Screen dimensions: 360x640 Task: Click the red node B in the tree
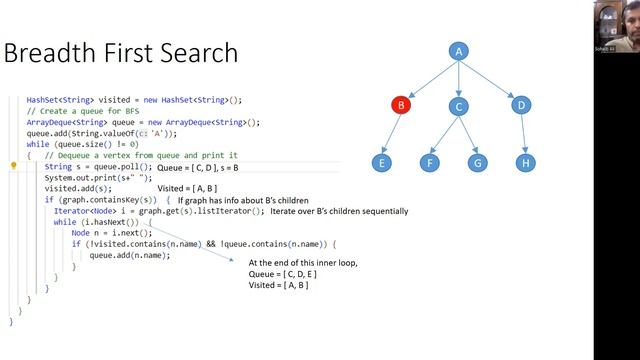pyautogui.click(x=399, y=104)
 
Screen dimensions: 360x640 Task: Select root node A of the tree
pyautogui.click(x=459, y=51)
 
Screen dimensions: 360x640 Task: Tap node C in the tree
pyautogui.click(x=459, y=106)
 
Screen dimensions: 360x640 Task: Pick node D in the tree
pyautogui.click(x=520, y=104)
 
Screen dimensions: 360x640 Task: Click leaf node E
pyautogui.click(x=380, y=161)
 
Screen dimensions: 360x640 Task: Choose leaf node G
pyautogui.click(x=478, y=161)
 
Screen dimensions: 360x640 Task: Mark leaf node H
pyautogui.click(x=525, y=161)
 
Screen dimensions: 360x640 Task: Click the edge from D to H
pyautogui.click(x=523, y=133)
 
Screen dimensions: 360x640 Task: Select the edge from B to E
pyautogui.click(x=390, y=133)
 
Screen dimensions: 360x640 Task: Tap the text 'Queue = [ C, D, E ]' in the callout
pyautogui.click(x=287, y=274)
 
